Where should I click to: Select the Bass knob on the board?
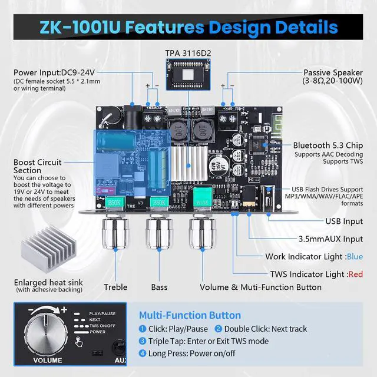click(x=158, y=229)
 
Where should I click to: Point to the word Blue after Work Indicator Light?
click(x=355, y=257)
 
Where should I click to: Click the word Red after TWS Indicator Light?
click(x=356, y=273)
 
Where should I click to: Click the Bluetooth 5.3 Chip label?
click(x=329, y=145)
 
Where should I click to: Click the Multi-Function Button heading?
click(x=190, y=316)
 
